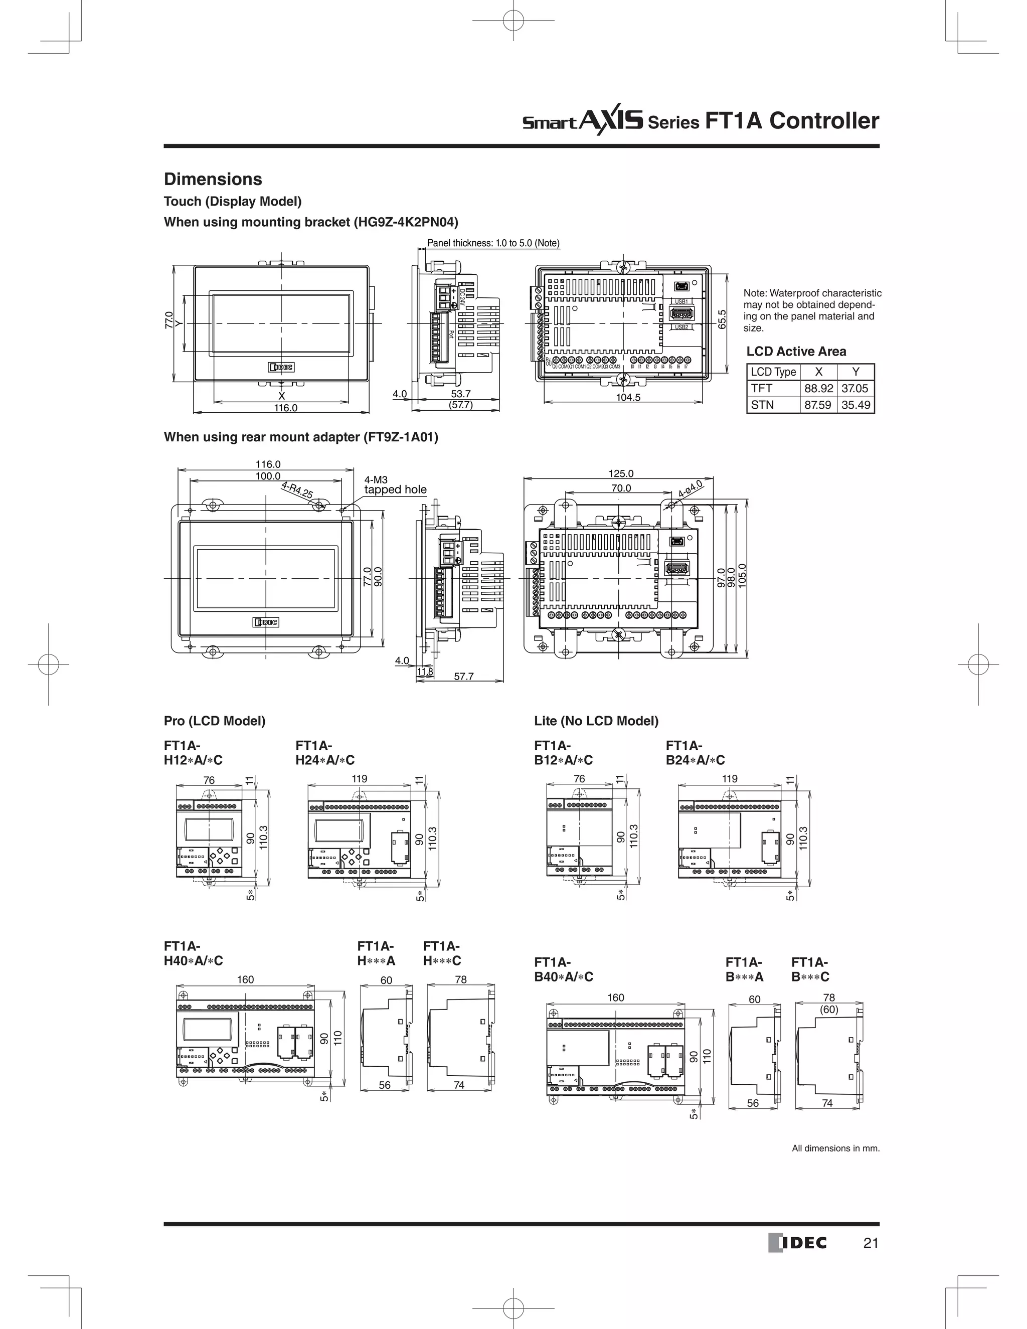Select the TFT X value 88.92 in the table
pyautogui.click(x=818, y=388)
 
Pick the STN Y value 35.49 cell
pyautogui.click(x=855, y=405)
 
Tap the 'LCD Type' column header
pyautogui.click(x=773, y=372)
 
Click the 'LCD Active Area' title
pyautogui.click(x=796, y=351)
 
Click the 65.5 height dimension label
pyautogui.click(x=722, y=319)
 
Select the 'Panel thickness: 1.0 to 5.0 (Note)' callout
pyautogui.click(x=493, y=243)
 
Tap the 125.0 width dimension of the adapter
pyautogui.click(x=621, y=473)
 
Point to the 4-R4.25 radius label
pyautogui.click(x=297, y=490)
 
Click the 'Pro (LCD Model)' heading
pyautogui.click(x=214, y=721)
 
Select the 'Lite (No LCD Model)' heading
pyautogui.click(x=596, y=721)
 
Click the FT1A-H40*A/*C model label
pyautogui.click(x=193, y=953)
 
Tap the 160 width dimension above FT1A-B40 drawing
pyautogui.click(x=616, y=998)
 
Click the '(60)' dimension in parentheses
pyautogui.click(x=828, y=1010)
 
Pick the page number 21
pyautogui.click(x=871, y=1243)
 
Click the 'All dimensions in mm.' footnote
pyautogui.click(x=835, y=1148)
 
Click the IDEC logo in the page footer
pyautogui.click(x=798, y=1243)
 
